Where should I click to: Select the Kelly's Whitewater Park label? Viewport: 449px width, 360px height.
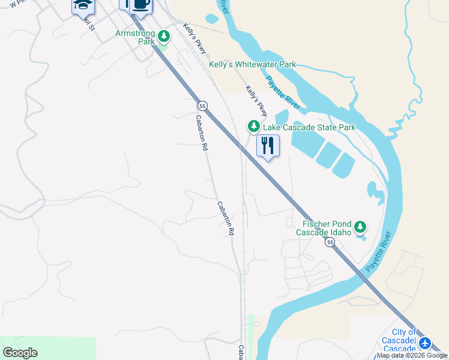click(252, 64)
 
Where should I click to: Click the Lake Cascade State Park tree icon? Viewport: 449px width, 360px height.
click(254, 127)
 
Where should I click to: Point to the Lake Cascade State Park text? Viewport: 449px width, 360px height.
click(309, 127)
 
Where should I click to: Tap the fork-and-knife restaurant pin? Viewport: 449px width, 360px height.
click(268, 146)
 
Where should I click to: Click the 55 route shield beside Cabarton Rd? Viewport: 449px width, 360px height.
click(203, 106)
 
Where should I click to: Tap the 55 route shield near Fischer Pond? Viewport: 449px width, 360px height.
click(330, 242)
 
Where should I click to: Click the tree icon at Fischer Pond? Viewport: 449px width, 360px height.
click(360, 227)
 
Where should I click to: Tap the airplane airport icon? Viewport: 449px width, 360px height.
click(425, 343)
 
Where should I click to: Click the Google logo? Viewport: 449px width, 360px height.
click(20, 353)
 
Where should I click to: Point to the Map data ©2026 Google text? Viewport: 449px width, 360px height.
click(412, 355)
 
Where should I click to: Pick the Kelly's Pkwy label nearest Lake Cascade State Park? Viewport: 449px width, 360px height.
click(256, 101)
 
